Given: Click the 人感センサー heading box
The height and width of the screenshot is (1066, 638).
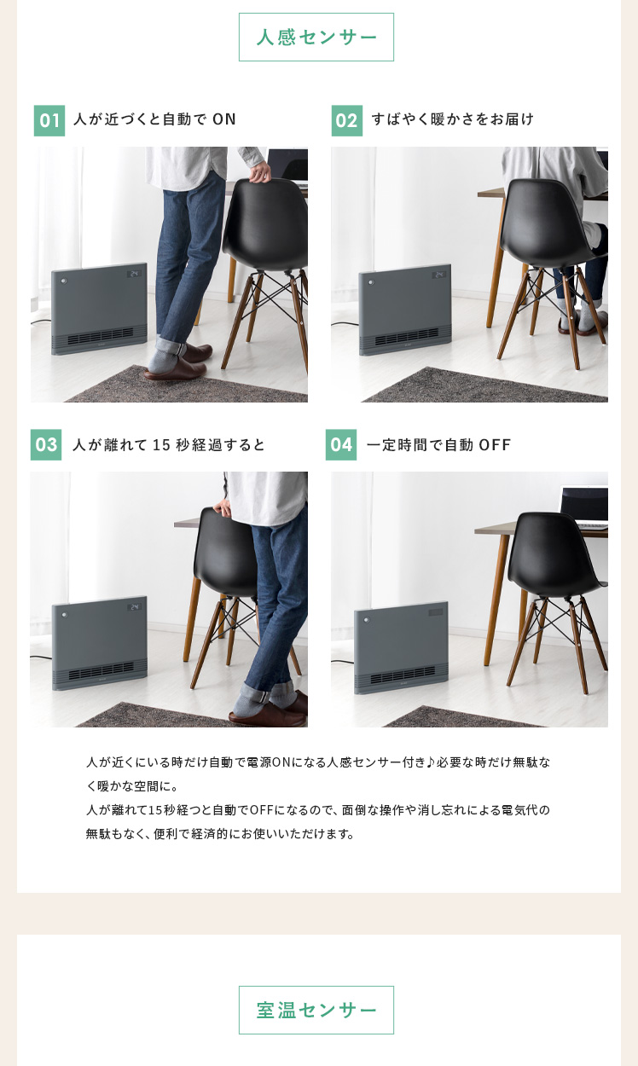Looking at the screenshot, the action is [x=316, y=38].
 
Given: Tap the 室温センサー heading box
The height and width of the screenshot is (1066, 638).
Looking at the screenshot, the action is [x=316, y=1010].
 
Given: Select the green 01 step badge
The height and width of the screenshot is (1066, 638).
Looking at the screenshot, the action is [x=49, y=120].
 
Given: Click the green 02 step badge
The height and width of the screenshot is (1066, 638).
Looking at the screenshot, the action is [x=346, y=120].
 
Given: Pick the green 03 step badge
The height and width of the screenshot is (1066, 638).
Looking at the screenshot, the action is [x=46, y=444].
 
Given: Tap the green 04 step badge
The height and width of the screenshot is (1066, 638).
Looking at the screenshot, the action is [x=341, y=444].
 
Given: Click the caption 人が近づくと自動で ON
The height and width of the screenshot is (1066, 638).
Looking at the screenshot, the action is [x=154, y=119].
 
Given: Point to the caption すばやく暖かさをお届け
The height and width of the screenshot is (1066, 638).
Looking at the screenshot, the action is [x=453, y=119].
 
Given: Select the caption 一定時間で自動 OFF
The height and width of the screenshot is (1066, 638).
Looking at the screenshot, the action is [x=438, y=445].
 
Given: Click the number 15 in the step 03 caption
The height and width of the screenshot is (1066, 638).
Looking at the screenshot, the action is [x=161, y=445].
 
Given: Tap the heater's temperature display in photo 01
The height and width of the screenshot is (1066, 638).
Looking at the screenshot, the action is [x=134, y=274].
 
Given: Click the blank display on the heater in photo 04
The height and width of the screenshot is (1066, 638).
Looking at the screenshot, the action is [x=436, y=612].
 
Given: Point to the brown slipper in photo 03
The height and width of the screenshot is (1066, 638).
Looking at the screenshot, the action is [x=268, y=712].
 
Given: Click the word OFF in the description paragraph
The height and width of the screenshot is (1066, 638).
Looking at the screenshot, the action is [x=261, y=810].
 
